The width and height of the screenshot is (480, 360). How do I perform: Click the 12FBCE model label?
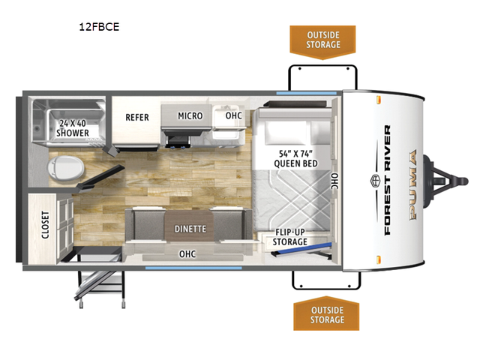[99, 27]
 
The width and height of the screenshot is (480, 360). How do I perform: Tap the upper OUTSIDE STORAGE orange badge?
[323, 40]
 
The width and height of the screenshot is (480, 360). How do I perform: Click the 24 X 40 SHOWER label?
[74, 127]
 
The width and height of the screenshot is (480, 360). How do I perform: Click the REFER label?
[137, 117]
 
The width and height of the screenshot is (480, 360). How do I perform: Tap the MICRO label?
[190, 115]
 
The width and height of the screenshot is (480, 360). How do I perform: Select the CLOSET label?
[45, 223]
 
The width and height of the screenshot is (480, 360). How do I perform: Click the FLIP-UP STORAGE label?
[289, 236]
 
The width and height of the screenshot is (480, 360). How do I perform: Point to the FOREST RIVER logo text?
[387, 180]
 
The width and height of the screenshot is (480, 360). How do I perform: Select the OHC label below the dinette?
[187, 253]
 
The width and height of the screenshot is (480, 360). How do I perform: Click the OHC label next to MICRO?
[232, 116]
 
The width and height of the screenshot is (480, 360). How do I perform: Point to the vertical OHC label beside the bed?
[334, 181]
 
